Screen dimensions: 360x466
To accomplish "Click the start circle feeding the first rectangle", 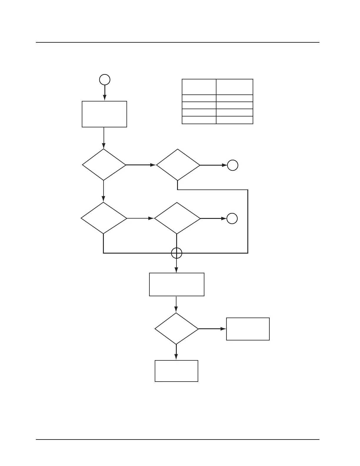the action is (105, 80).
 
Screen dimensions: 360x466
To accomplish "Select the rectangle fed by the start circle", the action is (104, 114).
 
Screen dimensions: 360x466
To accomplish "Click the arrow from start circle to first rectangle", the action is (105, 93).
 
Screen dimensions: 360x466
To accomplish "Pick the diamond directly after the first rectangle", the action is (104, 165).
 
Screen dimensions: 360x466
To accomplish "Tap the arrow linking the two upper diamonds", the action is (141, 165).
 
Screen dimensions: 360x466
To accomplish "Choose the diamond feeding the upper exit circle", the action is (178, 165).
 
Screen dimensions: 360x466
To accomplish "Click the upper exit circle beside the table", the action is (233, 165).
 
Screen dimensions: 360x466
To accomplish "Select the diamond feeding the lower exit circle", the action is (177, 218).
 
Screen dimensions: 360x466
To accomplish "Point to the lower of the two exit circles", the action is (232, 219).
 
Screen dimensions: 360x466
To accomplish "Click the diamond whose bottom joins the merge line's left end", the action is (104, 218).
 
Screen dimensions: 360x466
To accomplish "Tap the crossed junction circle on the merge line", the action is (176, 253).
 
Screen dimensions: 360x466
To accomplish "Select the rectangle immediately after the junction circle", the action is (177, 284).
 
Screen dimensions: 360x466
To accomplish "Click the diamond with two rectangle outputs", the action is (176, 329).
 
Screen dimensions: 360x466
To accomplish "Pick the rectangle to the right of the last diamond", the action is (248, 329).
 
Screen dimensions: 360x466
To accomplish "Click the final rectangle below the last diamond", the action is (176, 371).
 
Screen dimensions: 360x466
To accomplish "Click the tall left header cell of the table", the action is (199, 87).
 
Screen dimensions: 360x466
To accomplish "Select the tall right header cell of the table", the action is (235, 87).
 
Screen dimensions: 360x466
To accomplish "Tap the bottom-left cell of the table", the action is (199, 120).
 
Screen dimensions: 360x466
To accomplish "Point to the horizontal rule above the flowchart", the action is (178, 42).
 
